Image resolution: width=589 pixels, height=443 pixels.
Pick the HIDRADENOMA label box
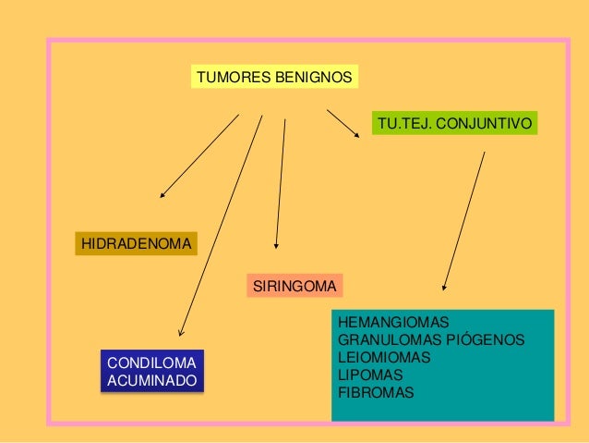tap(136, 244)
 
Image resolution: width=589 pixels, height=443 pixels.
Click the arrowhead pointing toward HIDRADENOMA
tap(162, 196)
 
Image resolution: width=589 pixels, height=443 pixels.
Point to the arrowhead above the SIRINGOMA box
tap(276, 246)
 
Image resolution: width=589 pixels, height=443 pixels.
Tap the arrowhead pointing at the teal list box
tap(445, 288)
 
